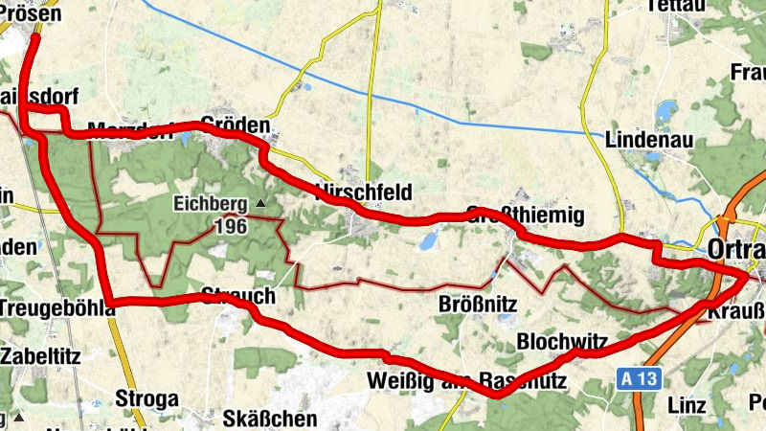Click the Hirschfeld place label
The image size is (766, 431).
tap(363, 193)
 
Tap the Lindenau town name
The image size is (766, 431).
tap(649, 140)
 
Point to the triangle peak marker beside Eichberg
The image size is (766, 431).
tap(260, 203)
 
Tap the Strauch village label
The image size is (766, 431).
tap(238, 294)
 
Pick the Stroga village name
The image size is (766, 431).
tap(146, 397)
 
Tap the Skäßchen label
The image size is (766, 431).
tap(256, 419)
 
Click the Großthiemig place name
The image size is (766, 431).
tap(524, 213)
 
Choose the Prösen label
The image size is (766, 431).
tap(30, 13)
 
